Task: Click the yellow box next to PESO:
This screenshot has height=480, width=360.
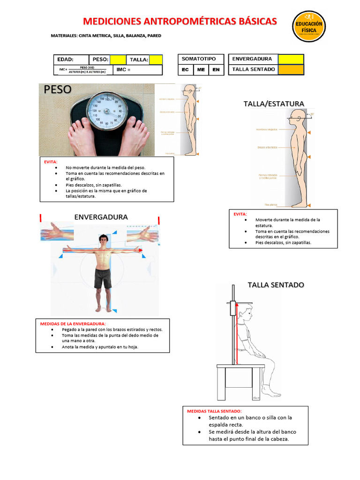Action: [118, 60]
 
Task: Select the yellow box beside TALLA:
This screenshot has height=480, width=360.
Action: [156, 60]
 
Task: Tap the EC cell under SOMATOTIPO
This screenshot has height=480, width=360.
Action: [185, 70]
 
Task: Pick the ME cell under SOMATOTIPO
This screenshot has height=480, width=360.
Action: [201, 70]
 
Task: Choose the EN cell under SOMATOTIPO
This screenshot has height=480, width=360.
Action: [216, 70]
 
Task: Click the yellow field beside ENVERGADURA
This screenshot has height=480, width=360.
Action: [291, 59]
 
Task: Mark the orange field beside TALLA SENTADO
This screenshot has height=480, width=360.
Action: [291, 69]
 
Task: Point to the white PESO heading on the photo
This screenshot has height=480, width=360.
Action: [58, 90]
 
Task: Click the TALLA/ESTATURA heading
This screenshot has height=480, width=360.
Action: [274, 104]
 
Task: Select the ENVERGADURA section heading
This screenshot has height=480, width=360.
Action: [101, 217]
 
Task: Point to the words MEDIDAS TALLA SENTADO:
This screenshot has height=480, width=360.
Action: [214, 411]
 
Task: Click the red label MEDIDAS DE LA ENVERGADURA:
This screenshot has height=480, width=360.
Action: [73, 323]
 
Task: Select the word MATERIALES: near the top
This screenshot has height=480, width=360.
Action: [65, 36]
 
